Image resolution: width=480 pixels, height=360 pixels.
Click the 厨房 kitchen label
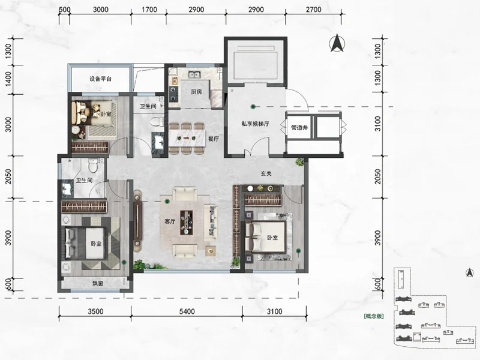[x=196, y=92]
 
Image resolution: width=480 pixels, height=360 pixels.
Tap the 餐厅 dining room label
[x=214, y=139]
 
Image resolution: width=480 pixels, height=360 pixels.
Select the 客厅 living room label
[x=170, y=221]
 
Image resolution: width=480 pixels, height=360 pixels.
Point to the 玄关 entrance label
[x=266, y=173]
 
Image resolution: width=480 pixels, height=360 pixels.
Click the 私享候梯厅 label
[x=256, y=124]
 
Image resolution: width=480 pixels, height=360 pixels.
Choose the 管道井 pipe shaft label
[x=299, y=128]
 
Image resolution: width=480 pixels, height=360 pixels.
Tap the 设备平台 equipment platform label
[x=100, y=79]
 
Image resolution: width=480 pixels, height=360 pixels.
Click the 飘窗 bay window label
[x=98, y=283]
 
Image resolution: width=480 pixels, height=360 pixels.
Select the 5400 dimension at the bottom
[x=187, y=311]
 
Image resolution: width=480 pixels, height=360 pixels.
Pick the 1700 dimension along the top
[x=149, y=10]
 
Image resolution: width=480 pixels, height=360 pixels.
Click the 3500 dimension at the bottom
[x=95, y=311]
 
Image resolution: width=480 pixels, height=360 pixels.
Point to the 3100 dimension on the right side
[x=378, y=124]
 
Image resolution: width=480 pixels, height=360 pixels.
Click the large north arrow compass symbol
[x=337, y=43]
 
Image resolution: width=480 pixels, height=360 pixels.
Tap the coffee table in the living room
[x=186, y=223]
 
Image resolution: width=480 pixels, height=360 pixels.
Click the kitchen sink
[x=194, y=74]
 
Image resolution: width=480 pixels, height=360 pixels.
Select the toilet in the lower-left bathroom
[x=92, y=166]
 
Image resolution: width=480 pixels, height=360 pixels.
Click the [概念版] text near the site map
[x=374, y=316]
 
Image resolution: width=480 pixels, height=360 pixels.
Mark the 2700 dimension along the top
[x=313, y=10]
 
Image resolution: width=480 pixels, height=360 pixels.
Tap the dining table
[x=187, y=138]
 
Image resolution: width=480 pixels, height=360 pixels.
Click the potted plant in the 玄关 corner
[x=299, y=162]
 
